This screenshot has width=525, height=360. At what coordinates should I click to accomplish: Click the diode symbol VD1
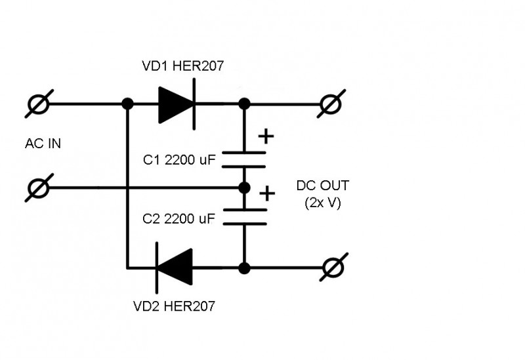click(x=177, y=104)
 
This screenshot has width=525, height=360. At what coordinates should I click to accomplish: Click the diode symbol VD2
click(x=174, y=268)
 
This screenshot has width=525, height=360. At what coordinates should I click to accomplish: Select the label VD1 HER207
click(x=183, y=66)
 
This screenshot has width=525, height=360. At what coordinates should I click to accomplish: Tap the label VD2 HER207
click(x=174, y=306)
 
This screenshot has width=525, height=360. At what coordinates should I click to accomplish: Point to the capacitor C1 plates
click(x=244, y=159)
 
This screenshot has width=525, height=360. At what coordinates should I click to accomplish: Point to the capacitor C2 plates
click(x=245, y=217)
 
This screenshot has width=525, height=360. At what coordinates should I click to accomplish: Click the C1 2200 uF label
click(x=179, y=160)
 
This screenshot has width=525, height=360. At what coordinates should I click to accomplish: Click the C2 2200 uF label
click(x=178, y=219)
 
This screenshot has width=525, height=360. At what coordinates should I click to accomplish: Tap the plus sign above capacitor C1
click(x=266, y=136)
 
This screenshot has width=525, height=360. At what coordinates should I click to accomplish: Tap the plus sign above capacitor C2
click(x=267, y=193)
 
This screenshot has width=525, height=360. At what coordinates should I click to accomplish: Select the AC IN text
click(x=43, y=144)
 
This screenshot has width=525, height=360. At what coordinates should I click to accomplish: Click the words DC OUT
click(x=323, y=186)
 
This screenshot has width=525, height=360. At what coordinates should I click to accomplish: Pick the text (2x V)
click(x=323, y=203)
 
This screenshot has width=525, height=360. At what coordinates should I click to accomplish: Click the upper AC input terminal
click(x=39, y=104)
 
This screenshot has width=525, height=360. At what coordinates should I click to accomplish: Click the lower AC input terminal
click(x=39, y=188)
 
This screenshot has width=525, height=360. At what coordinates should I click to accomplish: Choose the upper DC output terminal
click(x=331, y=104)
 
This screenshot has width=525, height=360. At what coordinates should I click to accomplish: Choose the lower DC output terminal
click(x=334, y=268)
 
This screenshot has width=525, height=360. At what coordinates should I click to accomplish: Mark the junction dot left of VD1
click(x=127, y=104)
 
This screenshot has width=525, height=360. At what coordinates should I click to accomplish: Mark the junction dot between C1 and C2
click(x=244, y=188)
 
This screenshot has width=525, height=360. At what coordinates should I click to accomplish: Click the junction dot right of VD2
click(x=244, y=268)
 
